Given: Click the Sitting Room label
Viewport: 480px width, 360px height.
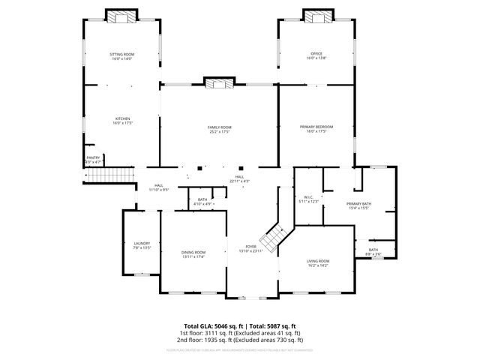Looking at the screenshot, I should [x=122, y=56].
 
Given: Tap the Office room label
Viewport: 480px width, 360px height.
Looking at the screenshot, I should [x=316, y=56].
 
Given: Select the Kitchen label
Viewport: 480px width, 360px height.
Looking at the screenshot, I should [x=122, y=121].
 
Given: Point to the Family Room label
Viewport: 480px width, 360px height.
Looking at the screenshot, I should [x=220, y=130].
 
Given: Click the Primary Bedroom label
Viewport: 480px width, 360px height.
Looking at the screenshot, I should [x=316, y=130].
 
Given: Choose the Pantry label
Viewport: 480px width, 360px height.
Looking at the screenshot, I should [x=93, y=160].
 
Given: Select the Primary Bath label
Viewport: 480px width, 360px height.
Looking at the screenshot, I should [x=358, y=206].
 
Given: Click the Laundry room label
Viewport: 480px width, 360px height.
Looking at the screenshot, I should [x=142, y=245].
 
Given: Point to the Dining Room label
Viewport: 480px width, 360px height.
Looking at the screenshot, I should [x=193, y=254].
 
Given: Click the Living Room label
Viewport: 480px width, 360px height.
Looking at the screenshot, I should [x=318, y=263].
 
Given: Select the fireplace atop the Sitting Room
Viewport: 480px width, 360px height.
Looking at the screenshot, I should [x=122, y=16].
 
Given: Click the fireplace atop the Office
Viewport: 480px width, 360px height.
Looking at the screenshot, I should [x=316, y=16].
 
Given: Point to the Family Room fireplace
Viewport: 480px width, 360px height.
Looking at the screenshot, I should [x=219, y=82].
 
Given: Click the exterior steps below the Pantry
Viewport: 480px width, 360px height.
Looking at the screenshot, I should [x=108, y=175].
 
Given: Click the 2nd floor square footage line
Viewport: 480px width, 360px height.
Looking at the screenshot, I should [x=239, y=340].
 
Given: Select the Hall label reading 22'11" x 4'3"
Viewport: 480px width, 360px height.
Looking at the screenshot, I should [x=239, y=179].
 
